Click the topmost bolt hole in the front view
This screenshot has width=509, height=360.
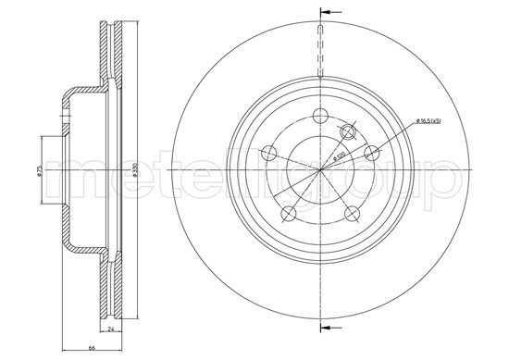(320, 116)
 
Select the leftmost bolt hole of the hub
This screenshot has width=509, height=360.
(269, 154)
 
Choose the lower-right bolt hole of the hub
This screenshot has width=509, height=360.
(353, 215)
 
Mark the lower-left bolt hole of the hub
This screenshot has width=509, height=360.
(289, 215)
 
